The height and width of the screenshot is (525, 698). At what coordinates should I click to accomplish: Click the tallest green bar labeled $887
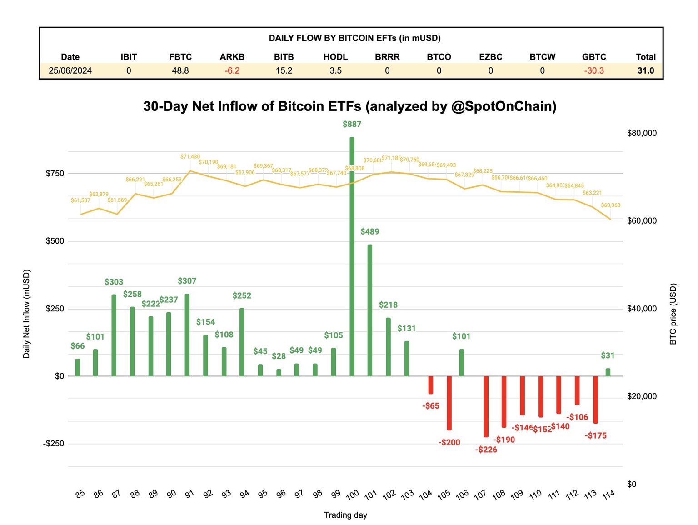tap(352, 257)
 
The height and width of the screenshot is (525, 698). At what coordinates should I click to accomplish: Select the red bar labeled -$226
tap(486, 406)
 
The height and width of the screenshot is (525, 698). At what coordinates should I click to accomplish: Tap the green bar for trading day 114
tap(608, 372)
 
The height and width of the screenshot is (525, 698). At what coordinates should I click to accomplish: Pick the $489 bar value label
tap(369, 232)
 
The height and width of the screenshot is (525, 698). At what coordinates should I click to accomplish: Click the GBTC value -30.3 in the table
tap(594, 71)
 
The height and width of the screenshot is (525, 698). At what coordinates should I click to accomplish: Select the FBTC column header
tap(180, 57)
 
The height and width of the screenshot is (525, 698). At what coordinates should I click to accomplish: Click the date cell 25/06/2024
tap(70, 71)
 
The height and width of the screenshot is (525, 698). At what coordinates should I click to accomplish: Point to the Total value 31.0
tap(645, 71)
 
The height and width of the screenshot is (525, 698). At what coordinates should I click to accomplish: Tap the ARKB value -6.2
tap(232, 71)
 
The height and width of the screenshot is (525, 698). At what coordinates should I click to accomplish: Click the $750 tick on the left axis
tap(55, 174)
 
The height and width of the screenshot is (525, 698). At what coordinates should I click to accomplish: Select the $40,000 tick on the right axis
tap(642, 309)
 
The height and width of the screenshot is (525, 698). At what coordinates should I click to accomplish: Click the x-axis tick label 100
tap(352, 495)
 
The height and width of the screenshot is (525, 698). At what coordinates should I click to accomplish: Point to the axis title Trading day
tap(345, 515)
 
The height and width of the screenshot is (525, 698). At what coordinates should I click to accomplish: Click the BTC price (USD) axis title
tap(673, 314)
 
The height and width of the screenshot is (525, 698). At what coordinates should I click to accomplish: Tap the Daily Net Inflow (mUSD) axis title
tap(26, 314)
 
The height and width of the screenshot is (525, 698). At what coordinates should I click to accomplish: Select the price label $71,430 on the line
tap(190, 157)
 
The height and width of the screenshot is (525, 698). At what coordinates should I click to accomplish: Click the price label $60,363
tap(610, 205)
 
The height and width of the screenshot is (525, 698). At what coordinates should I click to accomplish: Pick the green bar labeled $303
tap(114, 335)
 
